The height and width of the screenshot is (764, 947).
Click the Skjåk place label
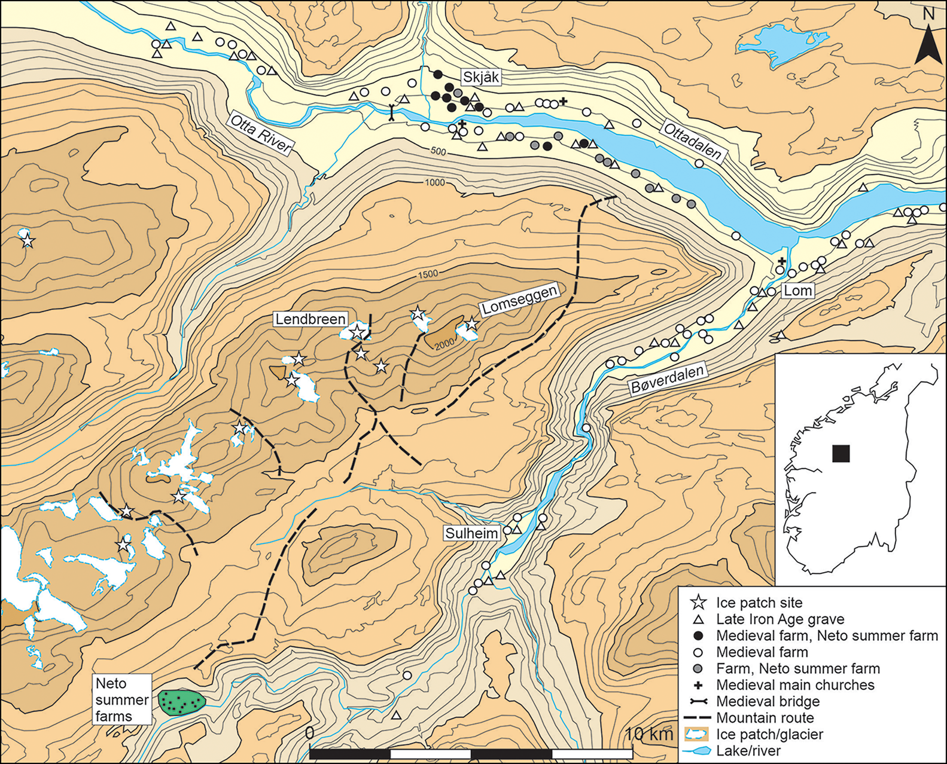[x=481, y=77]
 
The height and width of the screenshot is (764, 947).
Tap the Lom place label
[x=798, y=291]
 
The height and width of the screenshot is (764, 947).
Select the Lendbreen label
[x=310, y=319]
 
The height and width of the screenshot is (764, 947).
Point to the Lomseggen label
[x=520, y=299]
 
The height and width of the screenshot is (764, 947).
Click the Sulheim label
[x=471, y=533]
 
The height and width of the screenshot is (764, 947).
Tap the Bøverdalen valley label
[x=668, y=379]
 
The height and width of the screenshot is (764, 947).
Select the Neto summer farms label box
[x=122, y=700]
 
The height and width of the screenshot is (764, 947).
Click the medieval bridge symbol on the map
[x=391, y=113]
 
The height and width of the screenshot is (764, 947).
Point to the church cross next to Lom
[x=782, y=261]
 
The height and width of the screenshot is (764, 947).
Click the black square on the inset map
[x=841, y=453]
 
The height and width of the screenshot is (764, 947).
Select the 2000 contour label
[x=444, y=344]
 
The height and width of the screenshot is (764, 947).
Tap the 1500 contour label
[x=428, y=274]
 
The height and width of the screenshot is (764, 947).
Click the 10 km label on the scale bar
[x=648, y=734]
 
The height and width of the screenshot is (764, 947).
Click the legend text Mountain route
[x=765, y=718]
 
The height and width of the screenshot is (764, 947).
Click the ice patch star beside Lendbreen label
[x=357, y=331]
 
